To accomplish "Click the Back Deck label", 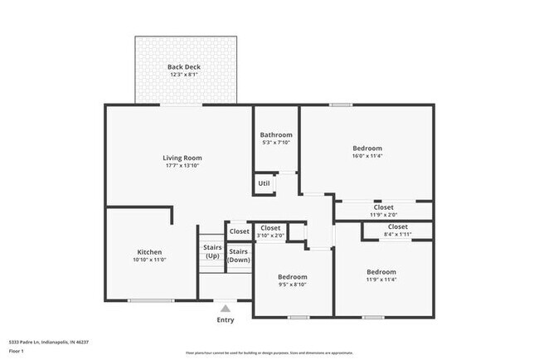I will (184, 67).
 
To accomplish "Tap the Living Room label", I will (182, 158).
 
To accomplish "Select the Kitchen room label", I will (149, 252).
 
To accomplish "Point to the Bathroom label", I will (276, 134).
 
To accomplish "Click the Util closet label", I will (264, 183).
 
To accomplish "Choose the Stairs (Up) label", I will (211, 251).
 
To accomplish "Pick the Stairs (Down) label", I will (239, 255).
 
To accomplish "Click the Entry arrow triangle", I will (225, 309).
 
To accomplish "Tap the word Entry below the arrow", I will (226, 320).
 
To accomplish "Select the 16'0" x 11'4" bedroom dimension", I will (367, 157).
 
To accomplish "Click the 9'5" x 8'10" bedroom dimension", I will (292, 285).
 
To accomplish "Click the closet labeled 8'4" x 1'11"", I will (397, 235).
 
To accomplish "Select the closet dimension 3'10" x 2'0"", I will (270, 236).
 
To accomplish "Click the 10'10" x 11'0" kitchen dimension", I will (149, 260).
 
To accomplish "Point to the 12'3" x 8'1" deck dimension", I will (184, 75).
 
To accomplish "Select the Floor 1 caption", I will (17, 351).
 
